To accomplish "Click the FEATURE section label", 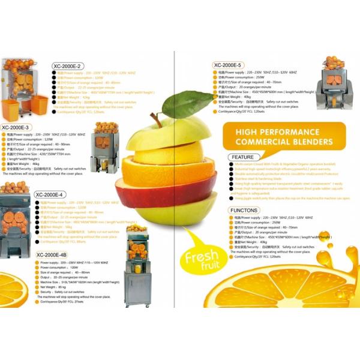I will [x=244, y=157].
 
